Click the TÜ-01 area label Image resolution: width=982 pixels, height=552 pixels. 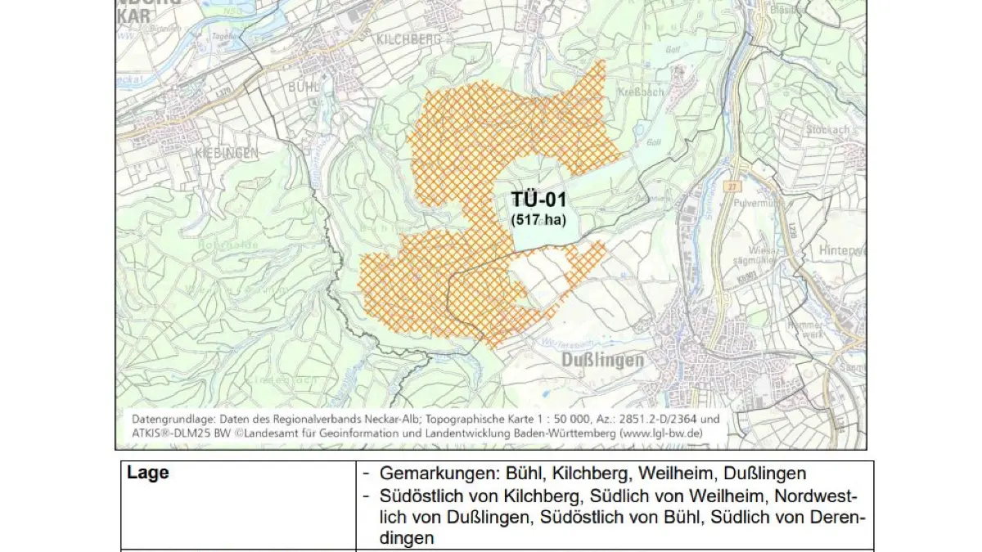(538, 200)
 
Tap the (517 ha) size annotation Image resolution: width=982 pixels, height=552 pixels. (538, 219)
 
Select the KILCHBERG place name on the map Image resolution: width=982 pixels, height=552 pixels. (409, 38)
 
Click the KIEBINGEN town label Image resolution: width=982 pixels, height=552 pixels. (226, 153)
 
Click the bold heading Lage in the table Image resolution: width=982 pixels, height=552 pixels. (148, 473)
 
